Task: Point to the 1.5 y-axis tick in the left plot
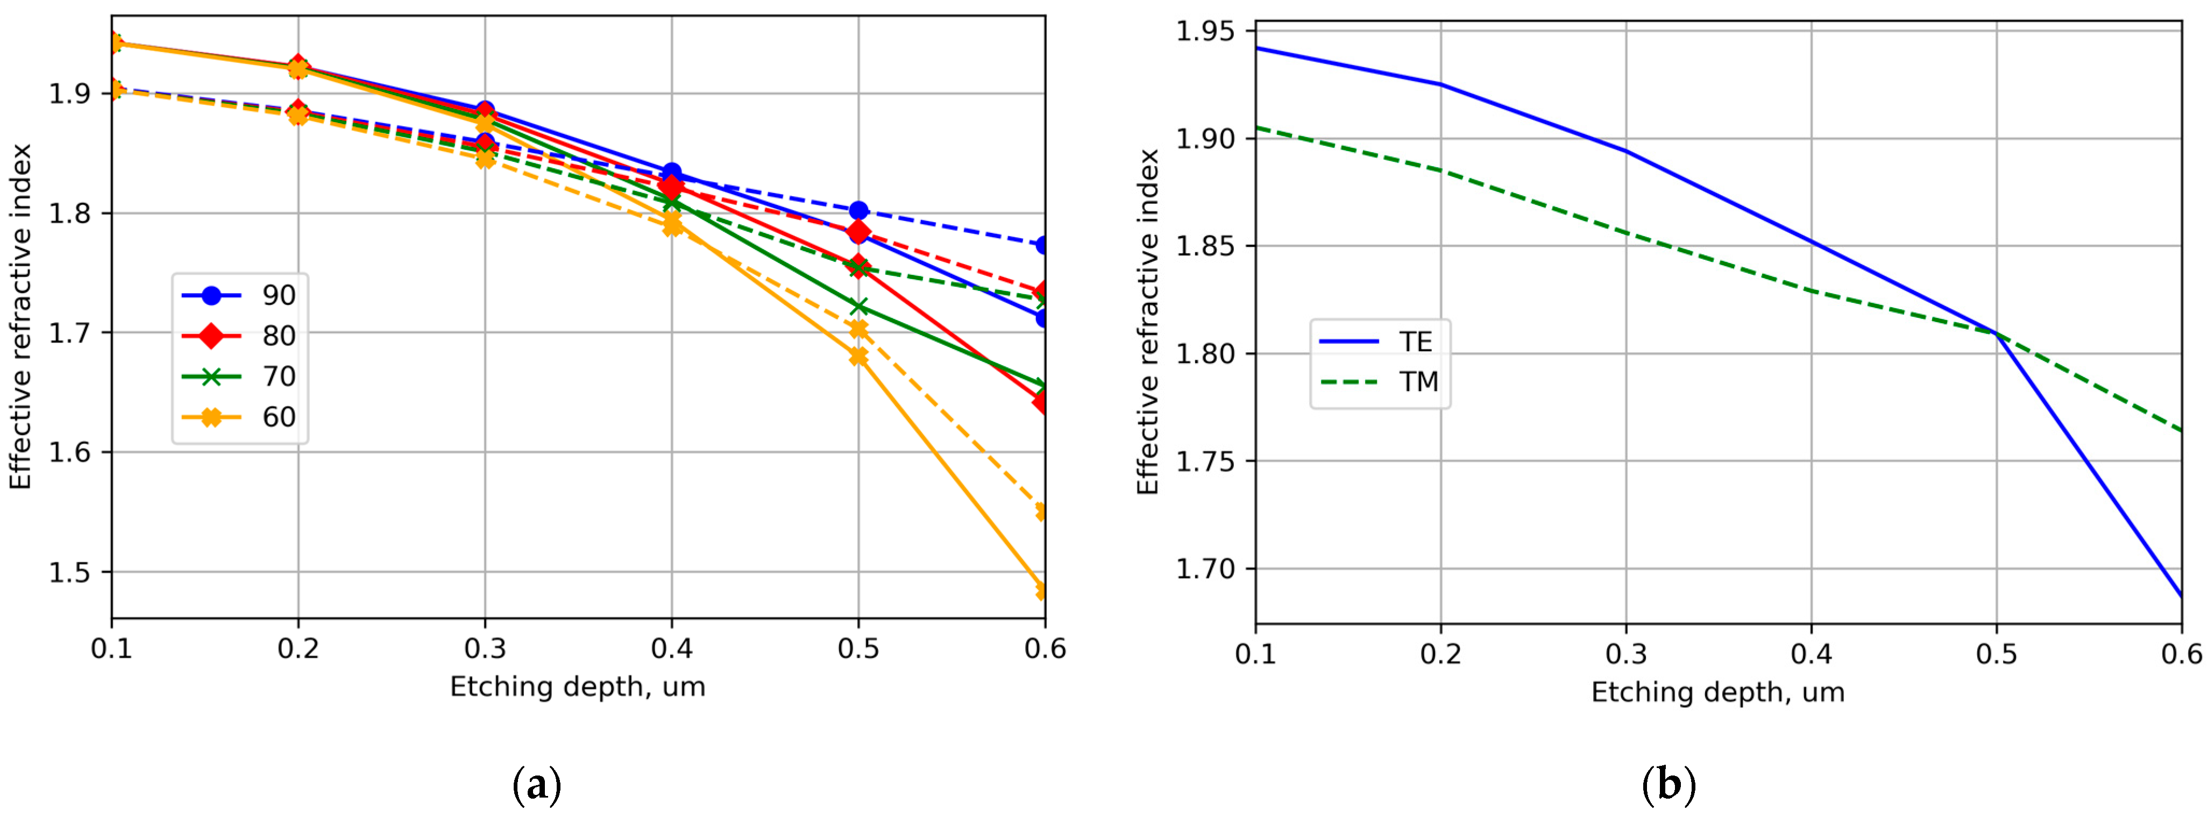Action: pos(72,572)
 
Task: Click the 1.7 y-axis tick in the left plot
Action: pos(72,333)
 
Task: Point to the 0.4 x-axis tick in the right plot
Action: pos(1811,654)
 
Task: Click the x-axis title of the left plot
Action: pos(578,687)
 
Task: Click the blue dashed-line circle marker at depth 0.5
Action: pos(858,211)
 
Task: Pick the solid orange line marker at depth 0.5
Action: pos(858,357)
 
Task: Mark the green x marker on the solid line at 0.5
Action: pos(858,307)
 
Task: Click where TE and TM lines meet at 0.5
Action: pos(1996,333)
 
